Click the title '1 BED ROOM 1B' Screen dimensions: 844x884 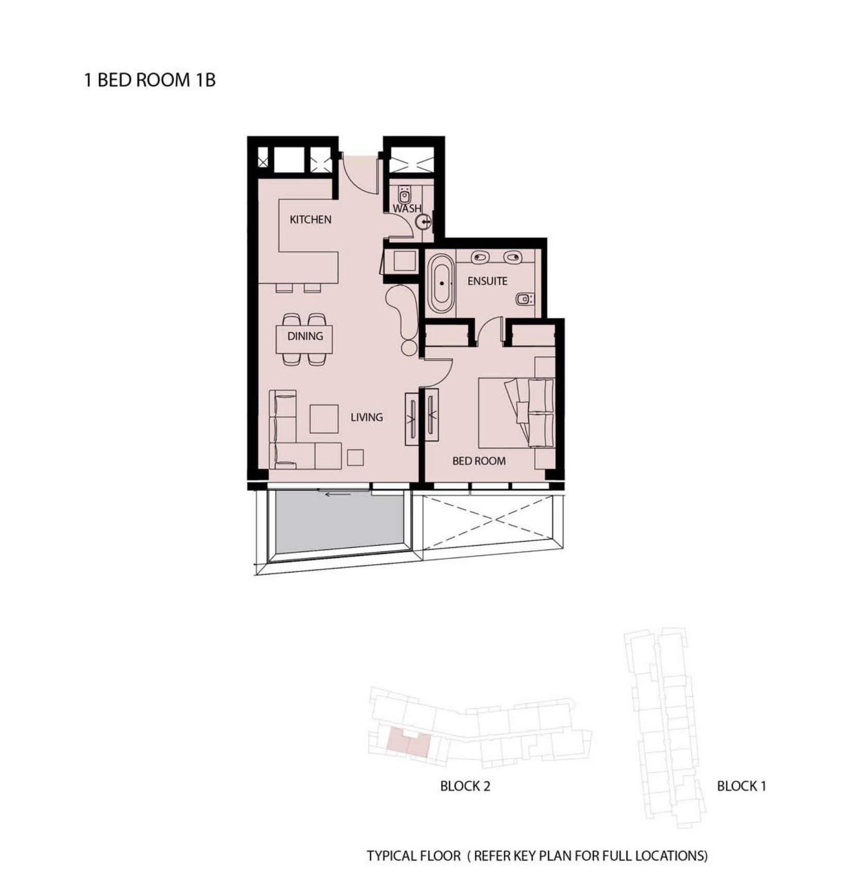tap(150, 80)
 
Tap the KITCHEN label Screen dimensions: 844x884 tap(310, 220)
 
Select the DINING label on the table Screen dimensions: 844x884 tap(305, 336)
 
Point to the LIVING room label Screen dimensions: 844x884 tap(367, 417)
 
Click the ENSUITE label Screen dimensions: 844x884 tap(487, 281)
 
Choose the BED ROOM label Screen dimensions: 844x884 tap(479, 461)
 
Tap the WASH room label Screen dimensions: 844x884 tap(407, 209)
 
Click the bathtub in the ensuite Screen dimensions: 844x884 tap(441, 283)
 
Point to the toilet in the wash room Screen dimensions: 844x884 tap(405, 195)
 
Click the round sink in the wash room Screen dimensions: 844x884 tap(424, 223)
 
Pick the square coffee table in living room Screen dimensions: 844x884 tap(324, 419)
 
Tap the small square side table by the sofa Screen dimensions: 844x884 tap(355, 458)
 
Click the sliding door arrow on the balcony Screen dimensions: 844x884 tap(338, 494)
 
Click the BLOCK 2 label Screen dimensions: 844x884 tap(465, 786)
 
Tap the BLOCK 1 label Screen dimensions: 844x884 tap(741, 786)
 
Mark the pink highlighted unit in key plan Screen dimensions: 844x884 tap(408, 743)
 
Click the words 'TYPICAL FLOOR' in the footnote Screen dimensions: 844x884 tap(413, 856)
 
